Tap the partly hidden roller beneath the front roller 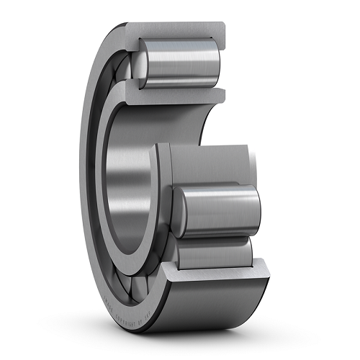[x=216, y=248]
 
